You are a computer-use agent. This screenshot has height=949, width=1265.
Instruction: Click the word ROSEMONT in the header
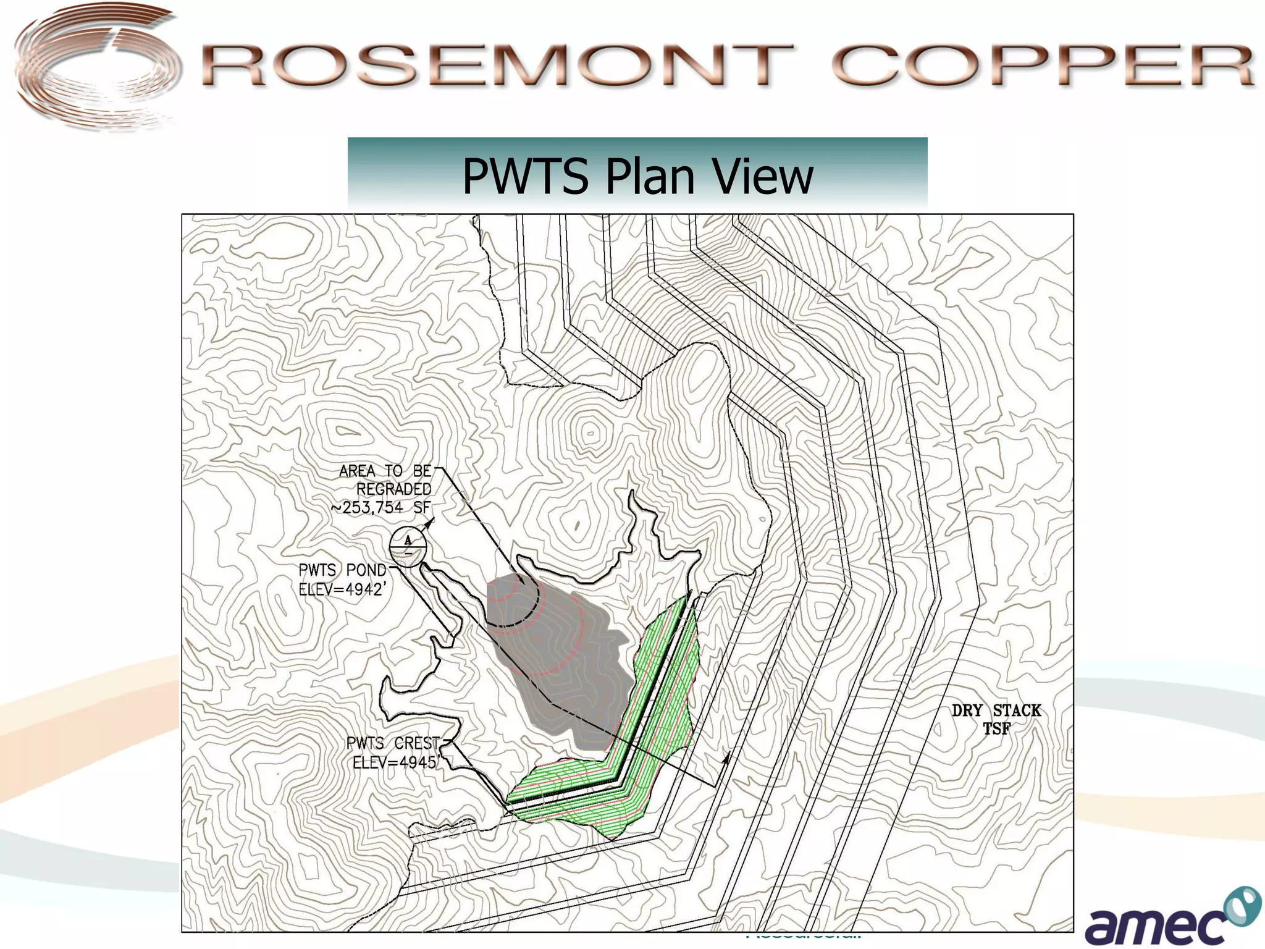coord(497,65)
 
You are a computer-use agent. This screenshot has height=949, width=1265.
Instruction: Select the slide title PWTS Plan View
coord(637,176)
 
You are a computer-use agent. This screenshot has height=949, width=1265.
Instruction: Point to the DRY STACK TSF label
coord(996,719)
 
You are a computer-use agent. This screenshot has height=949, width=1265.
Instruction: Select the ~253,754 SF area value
coord(381,508)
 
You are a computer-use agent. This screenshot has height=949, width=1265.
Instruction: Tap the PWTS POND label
coord(342,570)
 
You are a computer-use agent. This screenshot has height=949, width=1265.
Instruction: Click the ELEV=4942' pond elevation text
coord(342,589)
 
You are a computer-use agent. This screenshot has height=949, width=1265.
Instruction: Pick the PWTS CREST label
coord(393,743)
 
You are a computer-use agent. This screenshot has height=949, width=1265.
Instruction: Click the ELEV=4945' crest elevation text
coord(396,762)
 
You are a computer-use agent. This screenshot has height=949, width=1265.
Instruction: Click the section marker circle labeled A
coord(408,546)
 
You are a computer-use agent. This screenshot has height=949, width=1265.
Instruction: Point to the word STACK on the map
coord(1017,711)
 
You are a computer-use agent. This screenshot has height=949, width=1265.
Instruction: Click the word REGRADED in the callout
coord(393,489)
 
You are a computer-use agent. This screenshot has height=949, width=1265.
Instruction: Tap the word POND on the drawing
coord(366,570)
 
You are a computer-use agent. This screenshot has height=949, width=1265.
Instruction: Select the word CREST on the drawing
coord(417,743)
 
